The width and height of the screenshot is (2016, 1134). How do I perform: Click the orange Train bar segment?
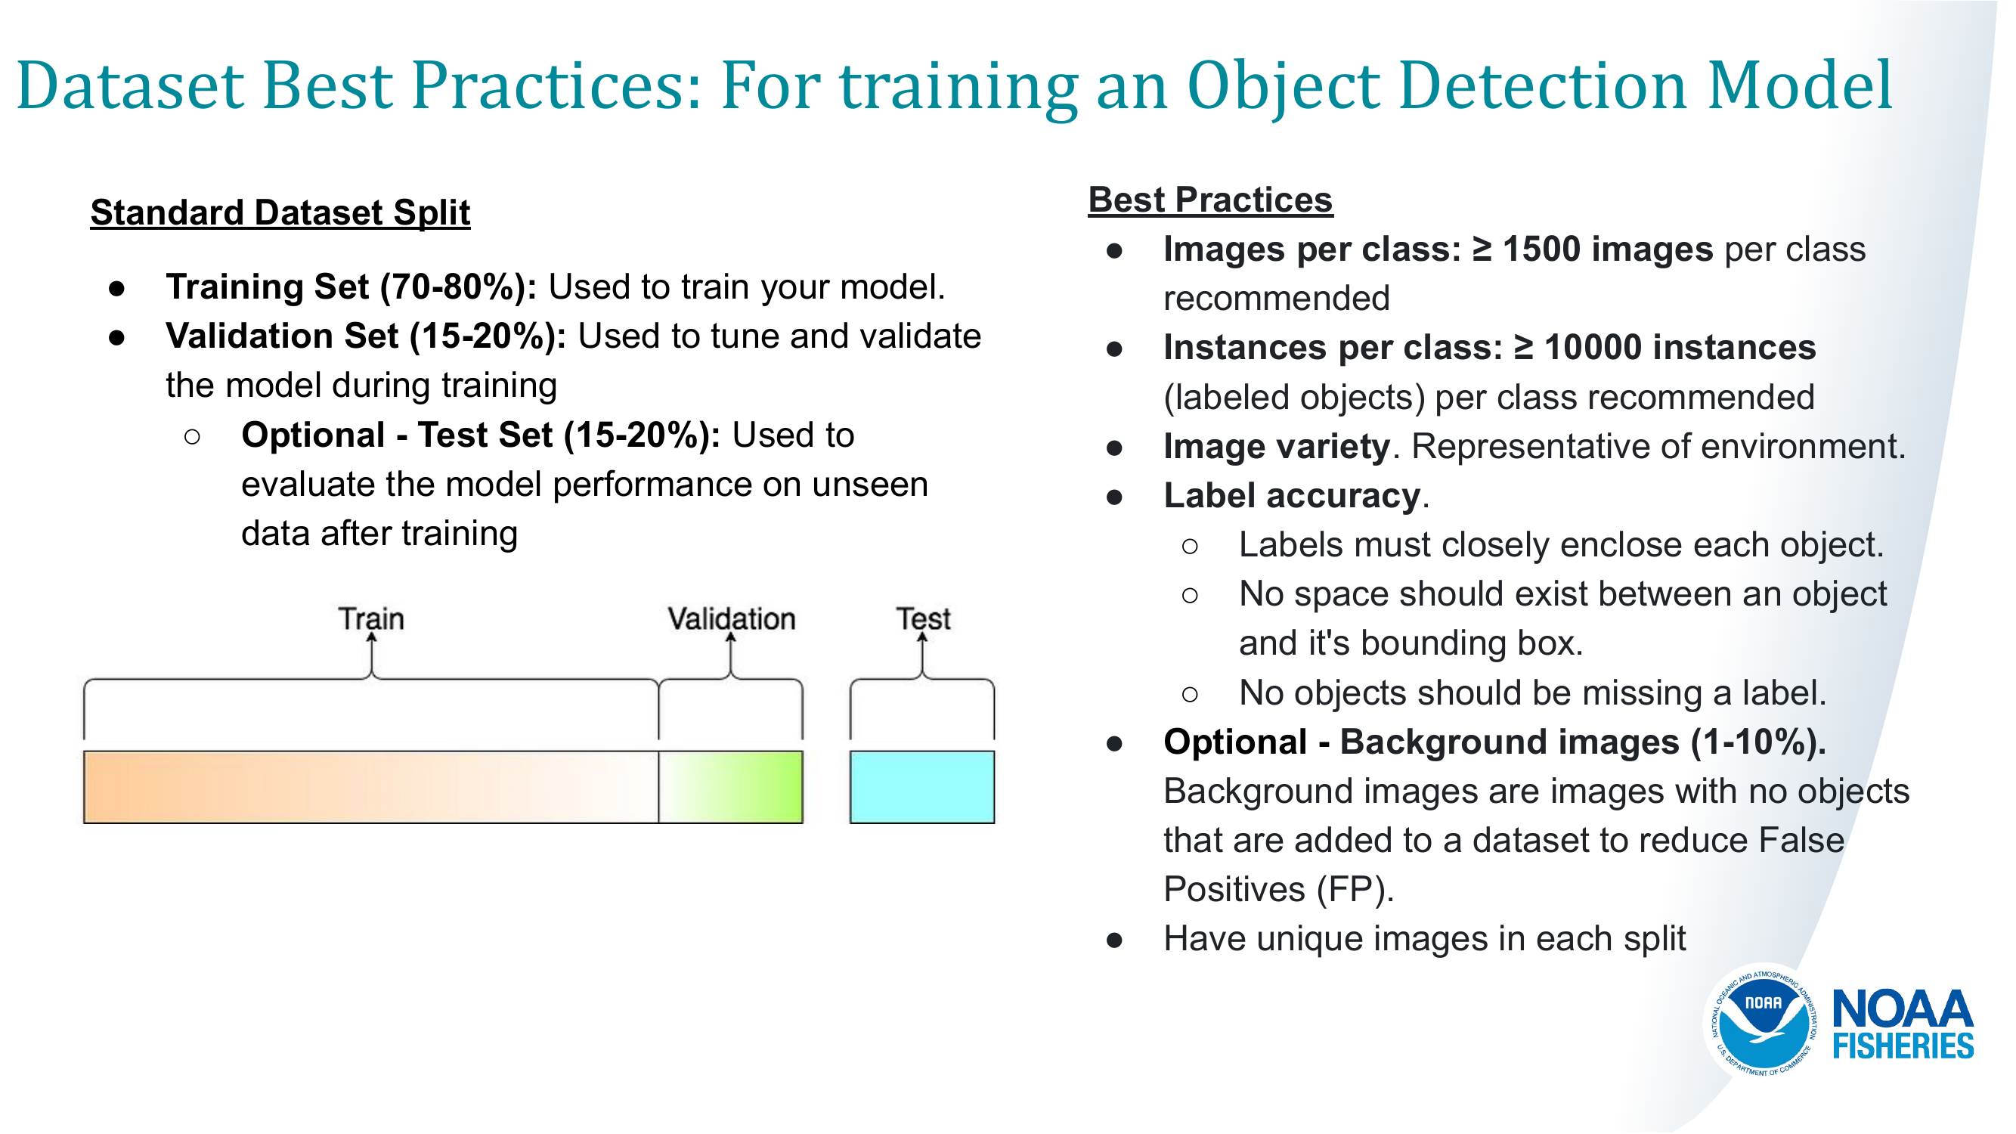[x=371, y=787]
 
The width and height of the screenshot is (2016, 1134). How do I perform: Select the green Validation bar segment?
[x=731, y=787]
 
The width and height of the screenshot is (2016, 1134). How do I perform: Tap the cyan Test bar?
[x=923, y=787]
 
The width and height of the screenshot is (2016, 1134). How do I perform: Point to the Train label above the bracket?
[x=371, y=619]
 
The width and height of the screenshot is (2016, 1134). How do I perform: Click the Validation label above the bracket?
[x=732, y=619]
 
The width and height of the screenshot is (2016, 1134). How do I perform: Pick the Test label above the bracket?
[x=924, y=619]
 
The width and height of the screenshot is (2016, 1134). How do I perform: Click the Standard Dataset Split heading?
[x=280, y=213]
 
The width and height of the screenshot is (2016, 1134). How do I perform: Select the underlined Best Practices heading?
[x=1211, y=200]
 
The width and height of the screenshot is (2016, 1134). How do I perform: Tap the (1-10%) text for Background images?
[x=1758, y=742]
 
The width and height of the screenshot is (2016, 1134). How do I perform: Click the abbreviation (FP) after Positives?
[x=1355, y=890]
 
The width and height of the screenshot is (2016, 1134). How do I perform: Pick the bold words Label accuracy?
[x=1292, y=496]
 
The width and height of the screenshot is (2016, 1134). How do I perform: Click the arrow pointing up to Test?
[x=923, y=655]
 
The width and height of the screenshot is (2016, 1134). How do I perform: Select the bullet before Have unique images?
[x=1115, y=940]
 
